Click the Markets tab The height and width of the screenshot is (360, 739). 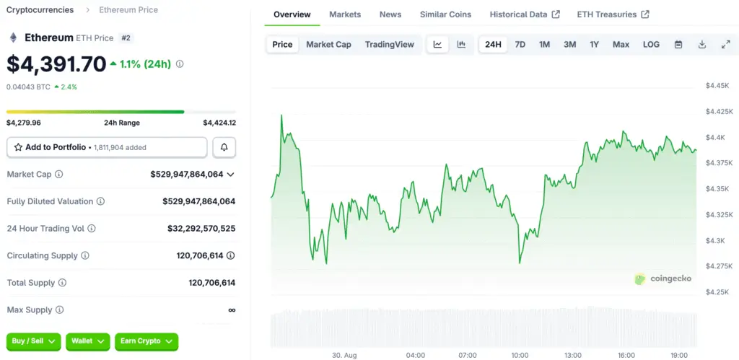[345, 14]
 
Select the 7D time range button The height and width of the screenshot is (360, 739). [520, 45]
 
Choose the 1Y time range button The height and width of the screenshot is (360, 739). [594, 45]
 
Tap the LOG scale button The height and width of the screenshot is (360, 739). [651, 45]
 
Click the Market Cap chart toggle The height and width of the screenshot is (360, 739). [328, 45]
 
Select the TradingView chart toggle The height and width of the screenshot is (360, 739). [390, 45]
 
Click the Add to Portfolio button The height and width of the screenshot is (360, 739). [107, 147]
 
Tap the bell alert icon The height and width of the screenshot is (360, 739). [224, 147]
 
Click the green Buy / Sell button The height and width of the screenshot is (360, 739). [34, 341]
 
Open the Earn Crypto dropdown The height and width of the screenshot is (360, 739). [147, 341]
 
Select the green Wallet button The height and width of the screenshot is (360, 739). [87, 341]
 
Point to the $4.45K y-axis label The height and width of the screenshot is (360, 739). [718, 86]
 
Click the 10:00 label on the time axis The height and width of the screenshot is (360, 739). [520, 355]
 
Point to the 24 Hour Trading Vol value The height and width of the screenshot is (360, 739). [201, 229]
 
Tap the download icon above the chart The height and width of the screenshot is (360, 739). [701, 45]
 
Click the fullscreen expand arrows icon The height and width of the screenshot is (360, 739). [726, 45]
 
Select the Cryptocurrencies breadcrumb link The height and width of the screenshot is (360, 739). [40, 10]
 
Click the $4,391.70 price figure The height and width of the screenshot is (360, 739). [56, 64]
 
